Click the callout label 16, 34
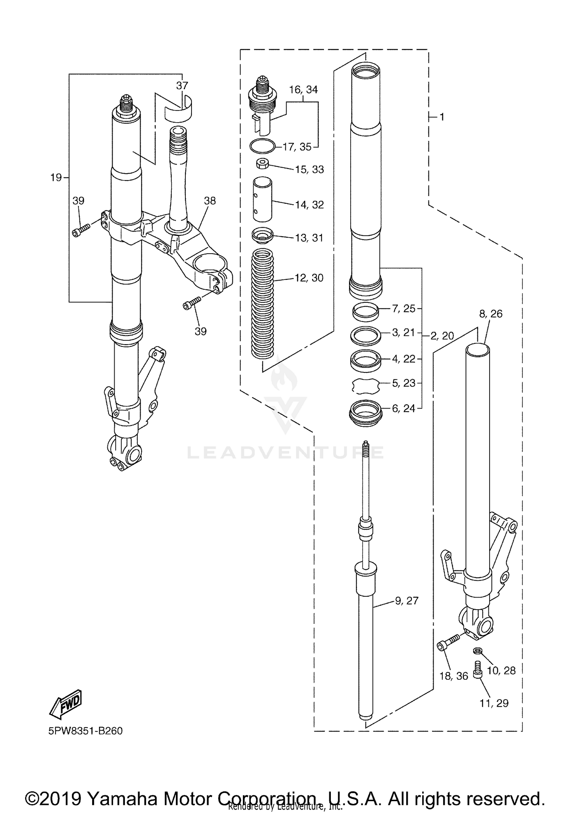303,90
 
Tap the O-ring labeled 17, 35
262,145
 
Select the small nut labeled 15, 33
262,165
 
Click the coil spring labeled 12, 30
263,303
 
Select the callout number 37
182,85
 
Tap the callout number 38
210,201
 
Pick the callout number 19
56,177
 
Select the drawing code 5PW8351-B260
85,731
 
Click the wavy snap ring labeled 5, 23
365,386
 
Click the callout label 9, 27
407,601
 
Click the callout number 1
442,117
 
